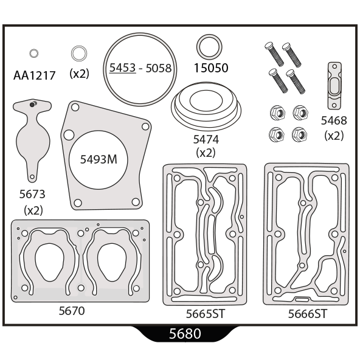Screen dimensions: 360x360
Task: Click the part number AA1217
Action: coord(35,75)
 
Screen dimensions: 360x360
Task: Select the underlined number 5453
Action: coord(122,67)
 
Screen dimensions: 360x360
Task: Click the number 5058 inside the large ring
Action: coord(159,68)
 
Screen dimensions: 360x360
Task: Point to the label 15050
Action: coord(211,68)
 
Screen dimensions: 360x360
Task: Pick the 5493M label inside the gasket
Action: coord(99,159)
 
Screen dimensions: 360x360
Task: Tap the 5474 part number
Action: coord(206,139)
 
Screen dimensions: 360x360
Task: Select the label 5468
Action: coord(334,120)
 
